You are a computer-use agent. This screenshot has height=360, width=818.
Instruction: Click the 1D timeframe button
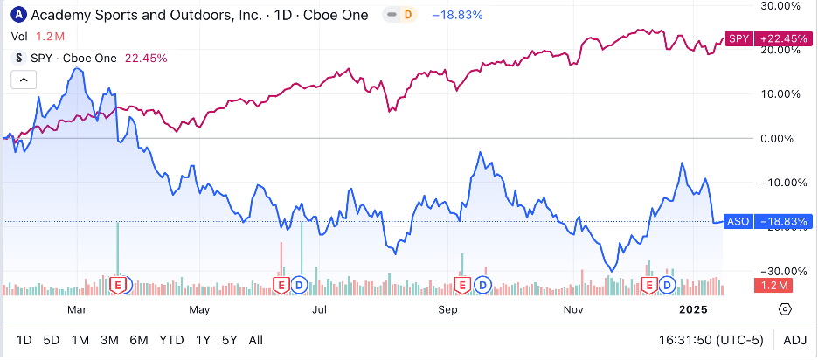[x=24, y=339]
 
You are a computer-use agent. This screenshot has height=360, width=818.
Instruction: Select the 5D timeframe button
[x=52, y=339]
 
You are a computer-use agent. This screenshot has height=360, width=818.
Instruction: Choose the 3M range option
[x=109, y=339]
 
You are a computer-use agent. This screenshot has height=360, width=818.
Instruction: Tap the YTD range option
[x=172, y=339]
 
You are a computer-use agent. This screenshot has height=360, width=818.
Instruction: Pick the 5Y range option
[x=229, y=339]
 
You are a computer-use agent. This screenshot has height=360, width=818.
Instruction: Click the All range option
[x=256, y=339]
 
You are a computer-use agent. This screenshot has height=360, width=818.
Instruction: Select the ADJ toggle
[x=794, y=339]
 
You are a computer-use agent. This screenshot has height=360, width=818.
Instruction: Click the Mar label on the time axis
[x=76, y=309]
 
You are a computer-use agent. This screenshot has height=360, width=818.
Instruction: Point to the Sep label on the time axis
[x=448, y=309]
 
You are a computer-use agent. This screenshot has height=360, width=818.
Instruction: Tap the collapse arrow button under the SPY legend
[x=23, y=80]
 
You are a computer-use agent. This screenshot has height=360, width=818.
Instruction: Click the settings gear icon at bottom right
[x=785, y=309]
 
